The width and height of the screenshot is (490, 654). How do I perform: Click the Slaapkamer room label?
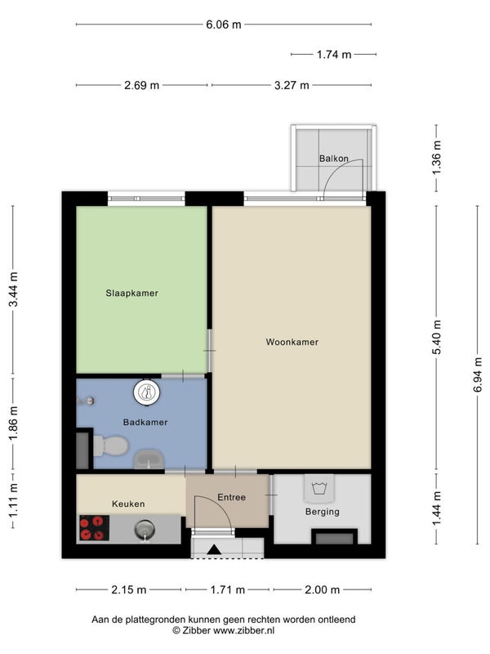131,293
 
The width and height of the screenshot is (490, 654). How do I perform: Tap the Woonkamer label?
292,342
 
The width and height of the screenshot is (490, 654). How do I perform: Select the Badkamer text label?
145,422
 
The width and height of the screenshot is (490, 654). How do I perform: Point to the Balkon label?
334,159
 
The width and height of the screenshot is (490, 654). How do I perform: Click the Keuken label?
128,504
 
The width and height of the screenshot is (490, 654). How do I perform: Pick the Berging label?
322,512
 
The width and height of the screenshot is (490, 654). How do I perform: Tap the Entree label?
232,497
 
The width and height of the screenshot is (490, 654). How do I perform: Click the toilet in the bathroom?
110,446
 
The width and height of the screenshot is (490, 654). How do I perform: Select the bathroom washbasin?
149,459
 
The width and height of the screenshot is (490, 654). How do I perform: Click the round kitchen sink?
145,530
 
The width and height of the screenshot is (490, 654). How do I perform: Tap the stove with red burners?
94,527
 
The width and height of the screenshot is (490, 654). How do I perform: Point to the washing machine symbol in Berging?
319,488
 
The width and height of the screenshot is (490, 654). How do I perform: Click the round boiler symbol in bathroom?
147,392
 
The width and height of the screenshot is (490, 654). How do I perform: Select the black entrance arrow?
214,549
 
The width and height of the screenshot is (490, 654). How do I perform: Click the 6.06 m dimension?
223,25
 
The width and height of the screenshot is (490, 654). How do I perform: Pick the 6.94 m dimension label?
478,374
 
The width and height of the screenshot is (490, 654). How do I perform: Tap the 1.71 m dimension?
228,589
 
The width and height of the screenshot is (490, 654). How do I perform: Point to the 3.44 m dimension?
13,289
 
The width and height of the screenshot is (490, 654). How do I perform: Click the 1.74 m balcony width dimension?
334,54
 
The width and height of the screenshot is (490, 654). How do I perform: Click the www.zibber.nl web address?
243,630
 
